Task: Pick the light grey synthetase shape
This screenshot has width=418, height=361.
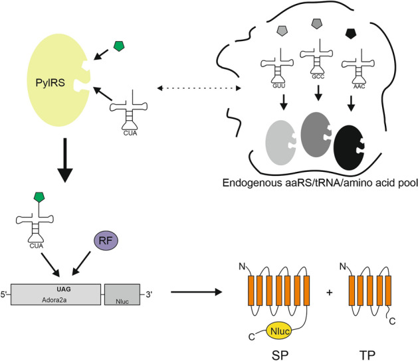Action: coord(268,141)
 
